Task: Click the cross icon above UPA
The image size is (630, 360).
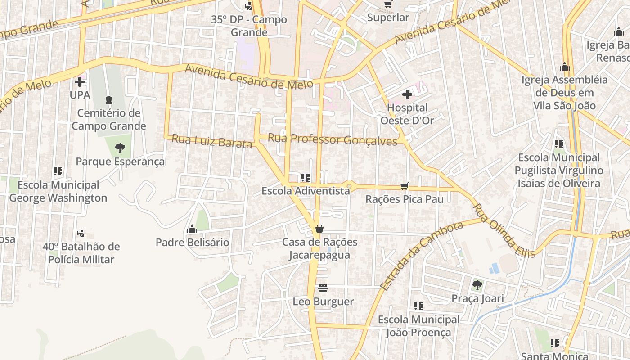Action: tap(80, 82)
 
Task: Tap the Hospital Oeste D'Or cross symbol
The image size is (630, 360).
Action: tap(407, 94)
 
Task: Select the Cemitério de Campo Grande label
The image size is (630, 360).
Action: tap(109, 119)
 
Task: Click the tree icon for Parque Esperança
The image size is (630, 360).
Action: tap(120, 148)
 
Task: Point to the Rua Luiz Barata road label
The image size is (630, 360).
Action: tap(211, 141)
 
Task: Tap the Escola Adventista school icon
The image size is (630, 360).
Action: tap(306, 178)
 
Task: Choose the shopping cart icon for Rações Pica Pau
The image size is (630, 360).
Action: tap(405, 186)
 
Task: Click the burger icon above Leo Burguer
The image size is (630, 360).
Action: tap(323, 288)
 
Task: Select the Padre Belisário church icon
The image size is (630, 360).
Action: tap(192, 229)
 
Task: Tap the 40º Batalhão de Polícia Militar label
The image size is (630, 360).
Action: tap(81, 253)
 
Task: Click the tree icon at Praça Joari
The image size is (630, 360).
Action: tap(477, 285)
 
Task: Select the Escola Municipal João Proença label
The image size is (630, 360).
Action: tap(418, 326)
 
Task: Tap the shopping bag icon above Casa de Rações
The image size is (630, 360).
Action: tap(319, 229)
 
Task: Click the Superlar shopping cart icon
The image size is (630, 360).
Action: tap(388, 4)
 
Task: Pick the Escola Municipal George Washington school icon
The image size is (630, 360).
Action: tap(58, 171)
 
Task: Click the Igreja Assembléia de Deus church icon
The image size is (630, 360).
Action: tap(565, 67)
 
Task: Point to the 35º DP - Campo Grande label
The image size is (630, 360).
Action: tap(249, 26)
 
